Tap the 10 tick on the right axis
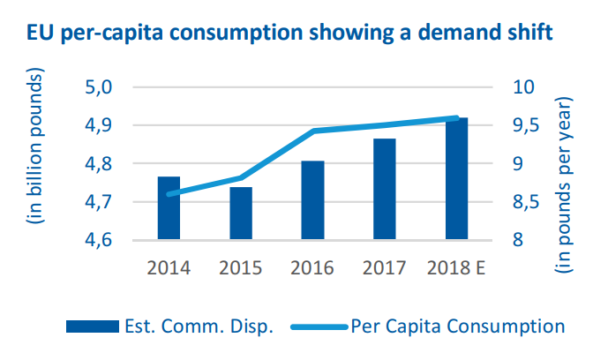(523, 87)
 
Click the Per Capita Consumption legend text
(457, 326)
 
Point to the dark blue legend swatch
(92, 326)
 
